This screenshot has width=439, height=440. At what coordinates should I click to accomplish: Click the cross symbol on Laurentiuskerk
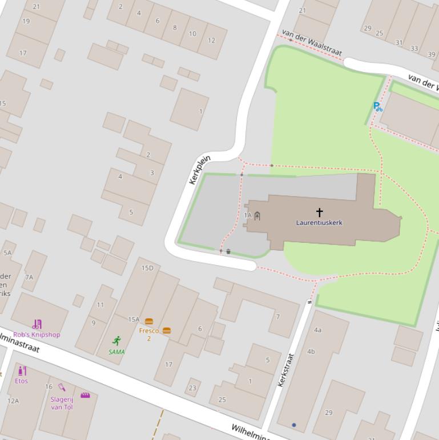pyautogui.click(x=319, y=213)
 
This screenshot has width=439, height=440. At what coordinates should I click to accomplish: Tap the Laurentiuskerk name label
pyautogui.click(x=319, y=223)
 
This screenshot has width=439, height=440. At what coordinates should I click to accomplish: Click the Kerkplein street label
pyautogui.click(x=200, y=170)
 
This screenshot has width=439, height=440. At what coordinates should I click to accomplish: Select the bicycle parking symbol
pyautogui.click(x=377, y=106)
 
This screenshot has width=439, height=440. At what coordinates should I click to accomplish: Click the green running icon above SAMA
pyautogui.click(x=116, y=341)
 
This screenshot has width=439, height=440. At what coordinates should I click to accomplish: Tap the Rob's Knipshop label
pyautogui.click(x=37, y=334)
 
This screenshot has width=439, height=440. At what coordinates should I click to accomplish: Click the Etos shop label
pyautogui.click(x=21, y=381)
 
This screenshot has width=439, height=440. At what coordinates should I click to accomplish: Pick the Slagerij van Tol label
pyautogui.click(x=62, y=403)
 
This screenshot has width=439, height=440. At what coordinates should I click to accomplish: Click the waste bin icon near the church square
pyautogui.click(x=228, y=251)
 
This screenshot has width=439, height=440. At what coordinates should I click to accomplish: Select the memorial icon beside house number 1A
pyautogui.click(x=257, y=215)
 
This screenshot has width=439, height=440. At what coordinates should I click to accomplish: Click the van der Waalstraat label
pyautogui.click(x=312, y=43)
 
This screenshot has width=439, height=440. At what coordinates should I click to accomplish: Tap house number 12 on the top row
pyautogui.click(x=211, y=41)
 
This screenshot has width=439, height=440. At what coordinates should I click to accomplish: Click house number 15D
pyautogui.click(x=147, y=268)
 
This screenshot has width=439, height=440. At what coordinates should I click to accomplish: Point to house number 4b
pyautogui.click(x=311, y=351)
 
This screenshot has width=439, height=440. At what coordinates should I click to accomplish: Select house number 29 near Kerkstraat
pyautogui.click(x=328, y=413)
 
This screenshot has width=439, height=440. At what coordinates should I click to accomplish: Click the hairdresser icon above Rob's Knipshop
pyautogui.click(x=37, y=325)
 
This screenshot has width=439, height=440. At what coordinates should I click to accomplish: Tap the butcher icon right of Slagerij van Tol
pyautogui.click(x=85, y=395)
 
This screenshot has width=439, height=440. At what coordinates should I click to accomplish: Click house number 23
pyautogui.click(x=192, y=388)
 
